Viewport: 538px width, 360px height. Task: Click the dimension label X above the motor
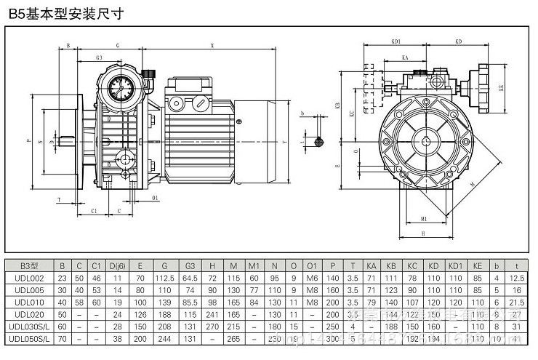pyautogui.click(x=212, y=44)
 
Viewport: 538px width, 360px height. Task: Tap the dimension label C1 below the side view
pyautogui.click(x=95, y=210)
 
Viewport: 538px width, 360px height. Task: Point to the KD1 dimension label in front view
pyautogui.click(x=396, y=43)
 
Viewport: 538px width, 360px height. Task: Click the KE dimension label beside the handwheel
pyautogui.click(x=502, y=87)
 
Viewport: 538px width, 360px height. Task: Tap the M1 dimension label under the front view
pyautogui.click(x=423, y=218)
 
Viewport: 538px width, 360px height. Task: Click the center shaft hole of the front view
pyautogui.click(x=424, y=140)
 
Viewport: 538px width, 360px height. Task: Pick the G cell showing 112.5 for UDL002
pyautogui.click(x=166, y=277)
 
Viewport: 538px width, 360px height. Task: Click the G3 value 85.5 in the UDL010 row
pyautogui.click(x=191, y=301)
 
